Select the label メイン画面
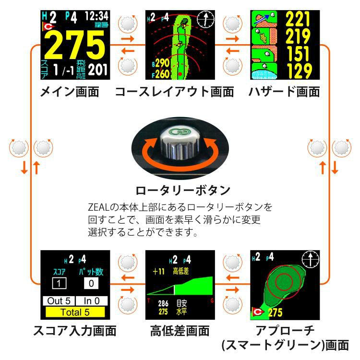pos(70,91)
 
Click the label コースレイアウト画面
pos(174,91)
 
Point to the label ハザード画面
pos(284,91)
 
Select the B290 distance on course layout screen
pos(160,63)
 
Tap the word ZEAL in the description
pos(98,207)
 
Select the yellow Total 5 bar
pos(75,312)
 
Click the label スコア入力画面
pos(75,331)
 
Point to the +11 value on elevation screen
pos(158,272)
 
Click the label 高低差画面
pos(180,331)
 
